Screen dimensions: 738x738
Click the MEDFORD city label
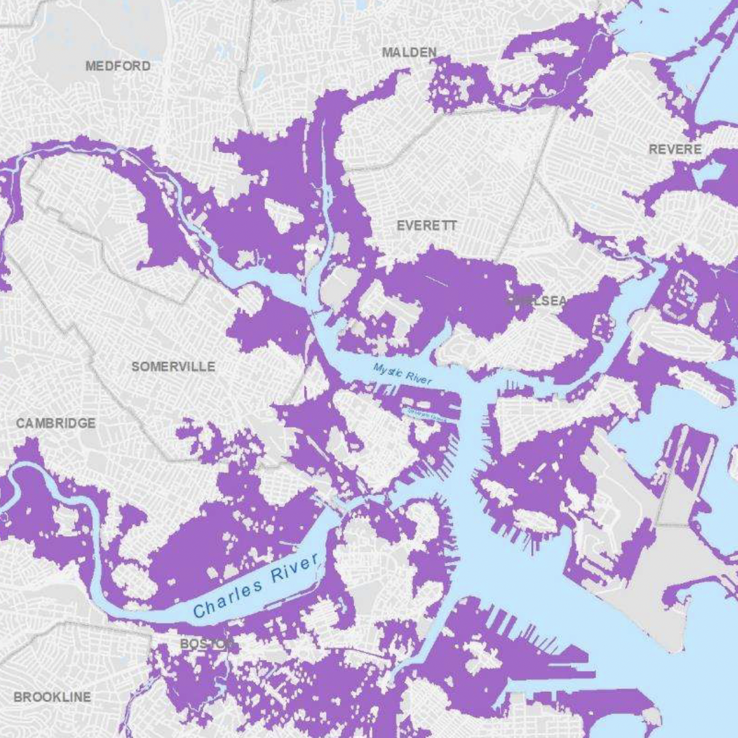pos(118,66)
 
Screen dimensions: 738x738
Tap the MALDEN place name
pos(409,52)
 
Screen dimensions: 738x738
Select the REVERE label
pos(675,149)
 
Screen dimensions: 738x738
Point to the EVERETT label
pos(427,226)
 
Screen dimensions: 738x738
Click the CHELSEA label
pos(536,301)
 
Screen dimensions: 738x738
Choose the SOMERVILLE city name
pos(173,367)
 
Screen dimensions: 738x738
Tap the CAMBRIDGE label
pos(55,423)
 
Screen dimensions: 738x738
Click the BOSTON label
pos(206,643)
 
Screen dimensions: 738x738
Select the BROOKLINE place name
pos(52,697)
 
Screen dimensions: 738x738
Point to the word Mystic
pos(387,370)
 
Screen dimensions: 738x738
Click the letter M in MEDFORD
pos(90,66)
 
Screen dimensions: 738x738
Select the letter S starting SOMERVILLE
pos(135,367)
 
